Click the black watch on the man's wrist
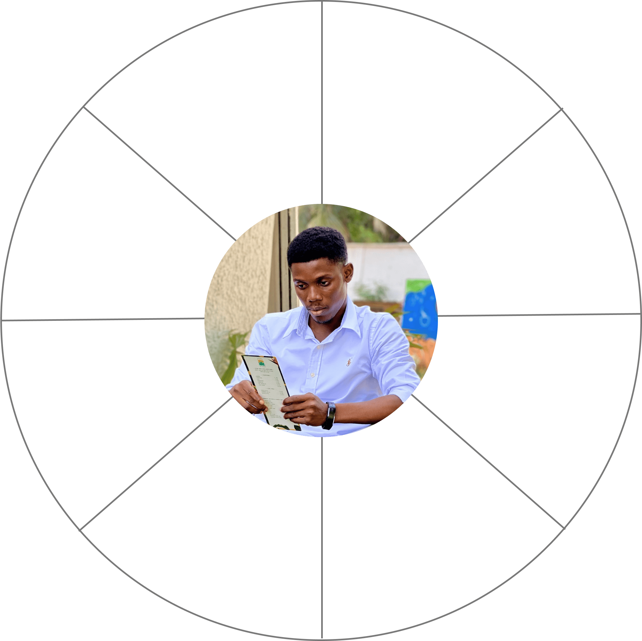(330, 415)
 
